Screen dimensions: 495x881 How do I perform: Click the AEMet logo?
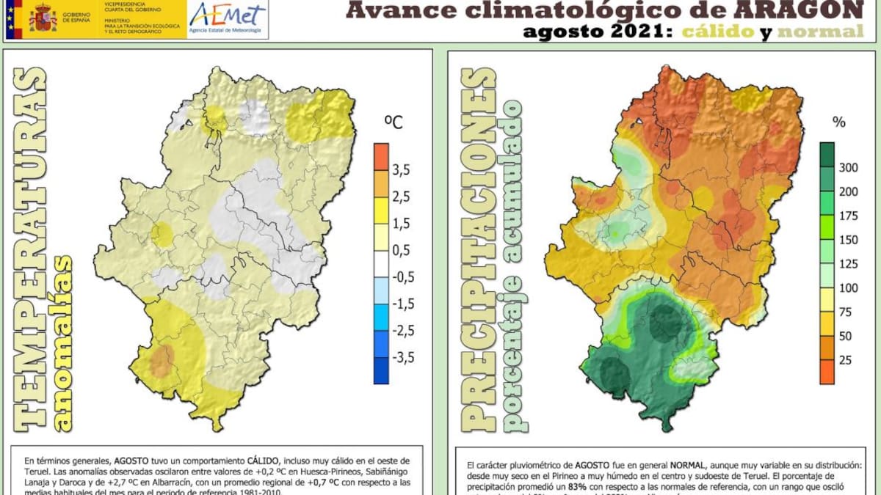pyautogui.click(x=228, y=19)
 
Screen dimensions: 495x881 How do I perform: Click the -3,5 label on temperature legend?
pyautogui.click(x=401, y=357)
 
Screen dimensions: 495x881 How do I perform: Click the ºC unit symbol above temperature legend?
pyautogui.click(x=393, y=122)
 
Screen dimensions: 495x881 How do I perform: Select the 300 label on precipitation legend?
pyautogui.click(x=848, y=168)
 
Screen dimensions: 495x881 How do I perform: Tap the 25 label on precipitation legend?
pyautogui.click(x=845, y=360)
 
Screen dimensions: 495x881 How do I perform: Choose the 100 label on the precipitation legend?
pyautogui.click(x=848, y=288)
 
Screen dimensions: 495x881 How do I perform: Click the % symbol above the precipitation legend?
pyautogui.click(x=838, y=122)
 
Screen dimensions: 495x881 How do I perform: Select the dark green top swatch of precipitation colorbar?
pyautogui.click(x=827, y=155)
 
